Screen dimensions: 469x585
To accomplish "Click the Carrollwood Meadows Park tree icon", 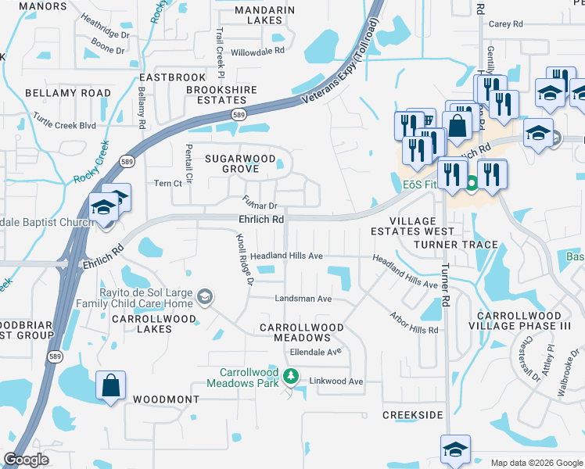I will coord(291,377).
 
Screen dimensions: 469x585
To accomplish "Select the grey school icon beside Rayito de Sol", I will coord(204,295).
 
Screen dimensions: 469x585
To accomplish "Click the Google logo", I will coord(26,460).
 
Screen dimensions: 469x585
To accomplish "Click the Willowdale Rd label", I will coord(257,52).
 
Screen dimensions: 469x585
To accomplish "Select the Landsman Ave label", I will coord(303,299).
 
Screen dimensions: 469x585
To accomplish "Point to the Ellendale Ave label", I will coord(316,352).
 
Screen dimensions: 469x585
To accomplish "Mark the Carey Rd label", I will coord(505,24).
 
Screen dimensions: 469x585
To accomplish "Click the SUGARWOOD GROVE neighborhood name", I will coord(241,163).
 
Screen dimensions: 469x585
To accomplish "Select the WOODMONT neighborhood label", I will coord(166,399).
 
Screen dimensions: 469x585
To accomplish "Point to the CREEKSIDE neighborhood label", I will coord(412,415).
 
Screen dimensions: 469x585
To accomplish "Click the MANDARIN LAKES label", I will coord(265,15).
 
